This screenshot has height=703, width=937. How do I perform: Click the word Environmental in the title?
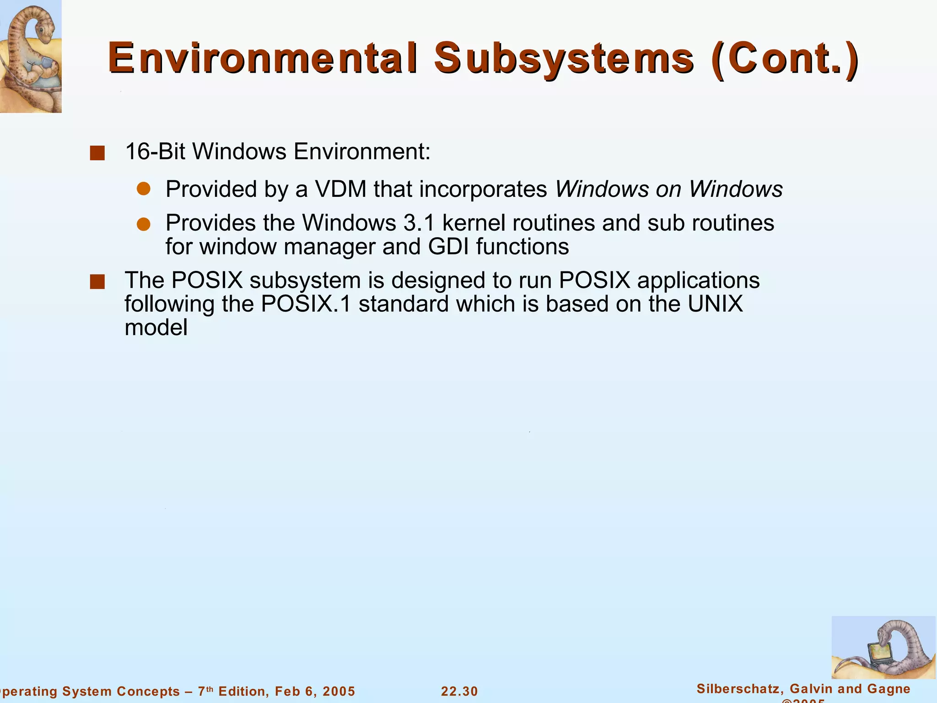(x=263, y=59)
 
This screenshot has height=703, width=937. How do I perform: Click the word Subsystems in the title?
(x=564, y=59)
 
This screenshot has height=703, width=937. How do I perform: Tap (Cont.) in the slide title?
(x=785, y=59)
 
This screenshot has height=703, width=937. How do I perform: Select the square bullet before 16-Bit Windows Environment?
(x=97, y=153)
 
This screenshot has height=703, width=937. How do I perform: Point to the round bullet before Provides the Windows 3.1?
(x=144, y=224)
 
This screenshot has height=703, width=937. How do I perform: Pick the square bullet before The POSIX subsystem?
(x=97, y=282)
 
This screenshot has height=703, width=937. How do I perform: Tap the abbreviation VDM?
(x=341, y=189)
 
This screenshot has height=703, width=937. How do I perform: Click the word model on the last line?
(x=156, y=328)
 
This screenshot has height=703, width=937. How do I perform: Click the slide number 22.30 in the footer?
(x=459, y=691)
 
